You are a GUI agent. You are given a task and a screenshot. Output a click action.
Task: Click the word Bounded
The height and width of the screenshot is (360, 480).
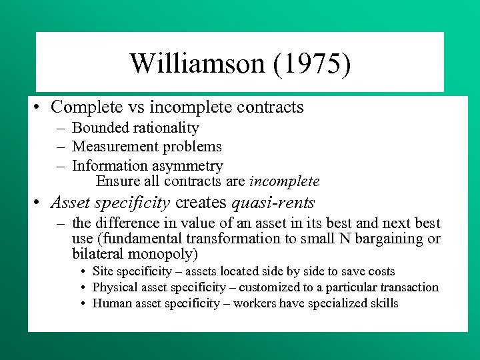tap(99, 127)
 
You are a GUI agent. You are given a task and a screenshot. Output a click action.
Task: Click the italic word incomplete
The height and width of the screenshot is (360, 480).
tap(284, 181)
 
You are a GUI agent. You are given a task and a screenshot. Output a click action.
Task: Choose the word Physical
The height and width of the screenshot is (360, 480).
tap(114, 287)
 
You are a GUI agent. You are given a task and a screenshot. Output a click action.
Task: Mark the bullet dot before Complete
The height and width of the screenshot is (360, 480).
tap(41, 107)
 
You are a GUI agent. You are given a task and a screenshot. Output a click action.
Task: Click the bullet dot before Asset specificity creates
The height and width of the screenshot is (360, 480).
tap(41, 203)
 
